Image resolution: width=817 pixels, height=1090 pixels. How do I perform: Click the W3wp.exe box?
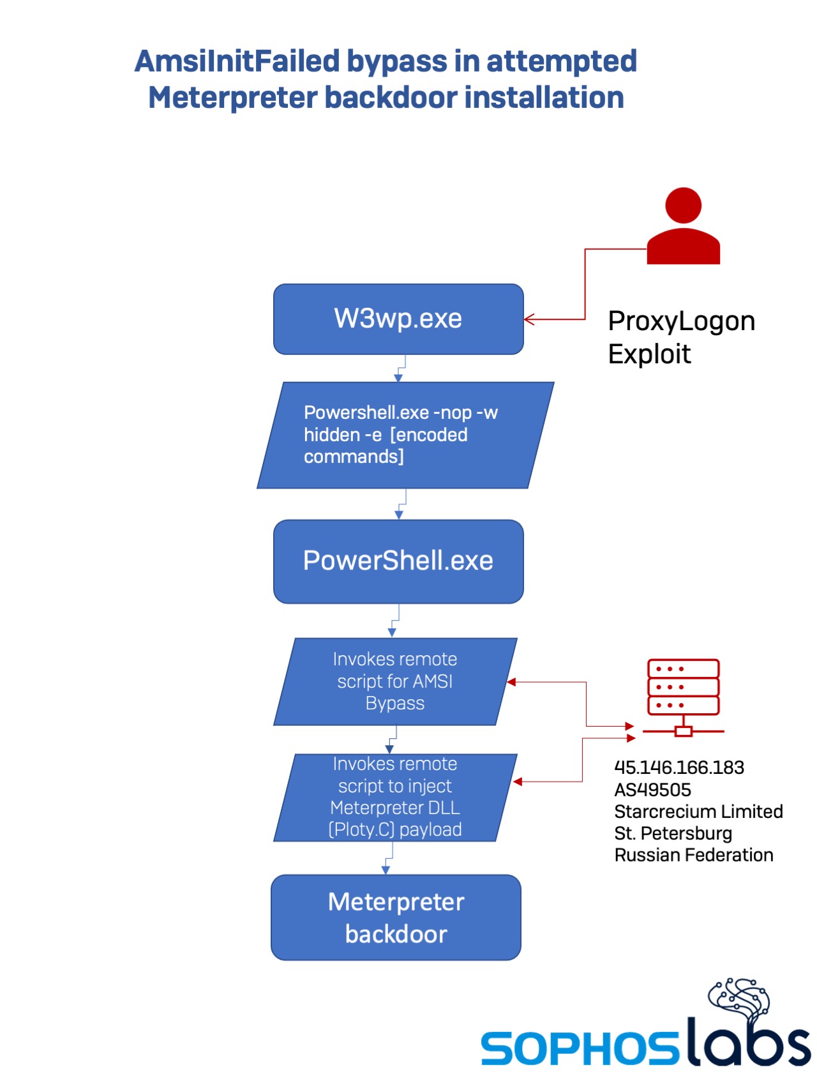pyautogui.click(x=398, y=319)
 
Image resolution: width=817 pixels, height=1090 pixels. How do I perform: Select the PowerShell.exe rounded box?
pyautogui.click(x=398, y=561)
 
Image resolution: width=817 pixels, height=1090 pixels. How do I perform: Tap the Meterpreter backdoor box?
pyautogui.click(x=396, y=918)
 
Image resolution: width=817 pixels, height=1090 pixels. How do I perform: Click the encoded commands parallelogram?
pyautogui.click(x=405, y=435)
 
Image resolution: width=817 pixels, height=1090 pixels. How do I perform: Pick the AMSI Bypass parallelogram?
pyautogui.click(x=394, y=681)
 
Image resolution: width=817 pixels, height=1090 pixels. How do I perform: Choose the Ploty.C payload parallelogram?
pyautogui.click(x=394, y=797)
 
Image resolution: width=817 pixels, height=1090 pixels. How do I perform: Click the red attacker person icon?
pyautogui.click(x=683, y=226)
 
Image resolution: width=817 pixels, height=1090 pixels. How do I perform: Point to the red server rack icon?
pyautogui.click(x=683, y=696)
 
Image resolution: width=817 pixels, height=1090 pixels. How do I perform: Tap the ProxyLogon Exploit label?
pyautogui.click(x=680, y=337)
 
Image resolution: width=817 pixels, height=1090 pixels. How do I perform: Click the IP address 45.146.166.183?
pyautogui.click(x=679, y=768)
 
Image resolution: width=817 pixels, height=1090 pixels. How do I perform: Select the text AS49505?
pyautogui.click(x=652, y=790)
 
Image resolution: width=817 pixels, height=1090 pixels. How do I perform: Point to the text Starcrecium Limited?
pyautogui.click(x=698, y=812)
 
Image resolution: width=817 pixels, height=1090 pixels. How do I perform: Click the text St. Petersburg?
pyautogui.click(x=673, y=833)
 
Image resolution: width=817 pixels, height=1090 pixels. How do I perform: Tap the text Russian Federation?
pyautogui.click(x=693, y=855)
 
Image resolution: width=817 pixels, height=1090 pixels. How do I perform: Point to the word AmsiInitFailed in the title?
pyautogui.click(x=237, y=61)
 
